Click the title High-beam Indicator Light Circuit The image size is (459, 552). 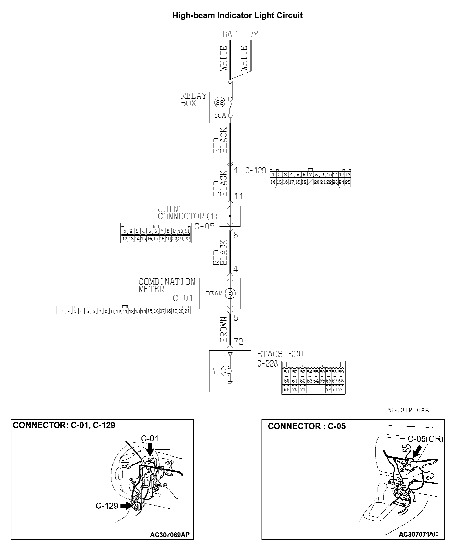click(x=237, y=15)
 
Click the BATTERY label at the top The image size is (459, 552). click(x=240, y=34)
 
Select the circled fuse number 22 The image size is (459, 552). click(x=219, y=102)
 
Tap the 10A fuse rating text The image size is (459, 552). click(x=220, y=116)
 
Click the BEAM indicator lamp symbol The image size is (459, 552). click(x=230, y=293)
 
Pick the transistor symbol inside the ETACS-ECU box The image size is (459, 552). click(x=227, y=371)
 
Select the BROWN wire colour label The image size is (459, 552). click(x=223, y=329)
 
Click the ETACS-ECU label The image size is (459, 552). click(x=280, y=354)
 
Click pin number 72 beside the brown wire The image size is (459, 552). click(x=238, y=342)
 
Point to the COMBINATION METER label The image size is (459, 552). click(x=167, y=285)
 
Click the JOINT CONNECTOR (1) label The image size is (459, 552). click(x=188, y=213)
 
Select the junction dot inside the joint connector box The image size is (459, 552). click(x=230, y=216)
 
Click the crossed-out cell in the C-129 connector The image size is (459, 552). click(x=311, y=182)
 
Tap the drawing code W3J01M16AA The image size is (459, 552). click(x=408, y=410)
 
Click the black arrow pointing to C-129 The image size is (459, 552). click(x=126, y=506)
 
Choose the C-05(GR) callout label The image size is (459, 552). click(x=425, y=439)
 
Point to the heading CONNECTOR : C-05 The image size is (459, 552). click(x=307, y=426)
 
